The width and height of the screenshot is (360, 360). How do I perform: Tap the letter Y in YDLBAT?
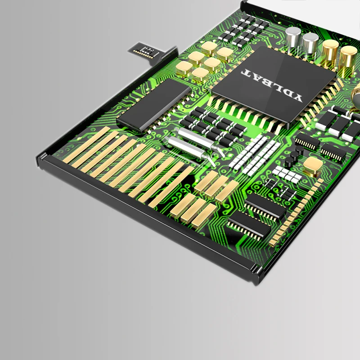pos(297,97)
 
